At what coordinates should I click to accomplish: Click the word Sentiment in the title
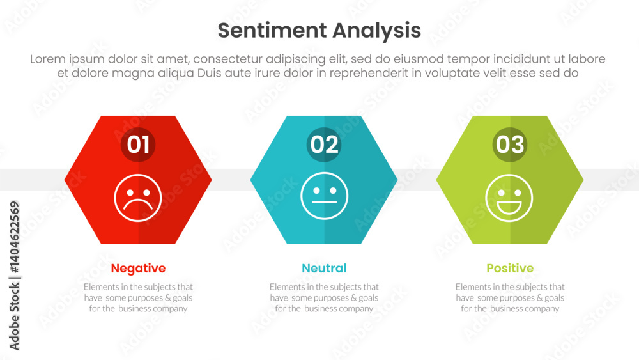[x=272, y=30]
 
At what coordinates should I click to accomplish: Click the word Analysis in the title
[x=376, y=31]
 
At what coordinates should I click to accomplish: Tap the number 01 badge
[x=138, y=145]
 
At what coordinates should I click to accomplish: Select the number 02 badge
[x=324, y=145]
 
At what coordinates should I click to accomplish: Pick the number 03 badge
[x=510, y=145]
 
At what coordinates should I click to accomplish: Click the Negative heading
[x=138, y=269]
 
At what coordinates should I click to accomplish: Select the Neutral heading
[x=324, y=269]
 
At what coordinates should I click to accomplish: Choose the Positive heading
[x=510, y=269]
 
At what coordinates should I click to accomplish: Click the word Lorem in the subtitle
[x=48, y=59]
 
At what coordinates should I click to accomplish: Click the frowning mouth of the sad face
[x=138, y=203]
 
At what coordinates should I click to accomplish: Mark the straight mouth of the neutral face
[x=325, y=202]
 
